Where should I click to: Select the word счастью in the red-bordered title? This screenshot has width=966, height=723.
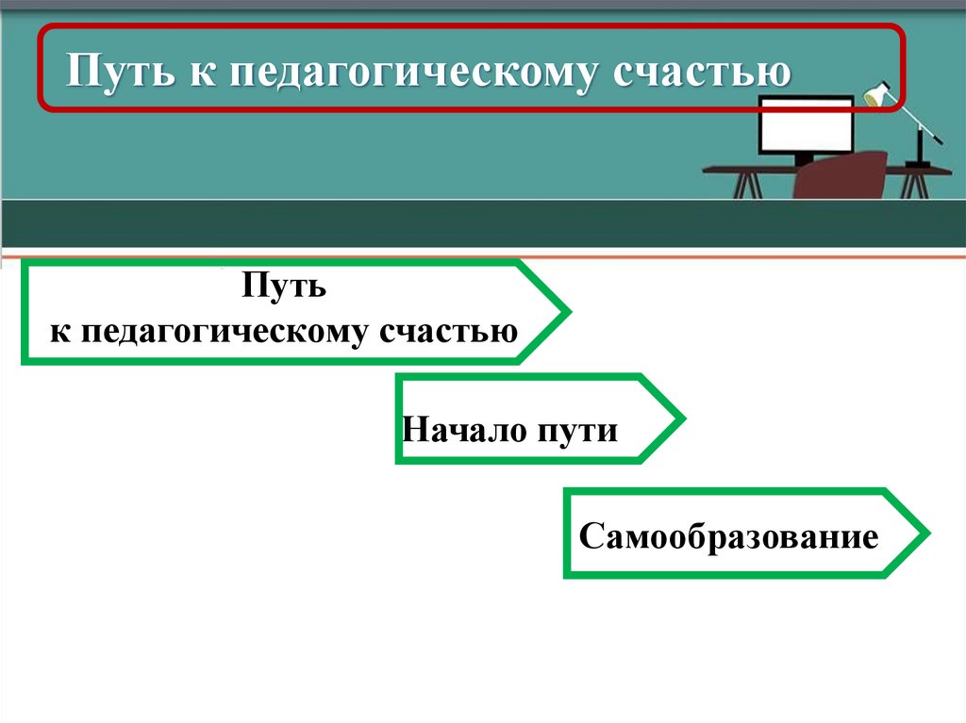(x=703, y=72)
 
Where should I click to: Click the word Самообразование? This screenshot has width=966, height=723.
(x=728, y=537)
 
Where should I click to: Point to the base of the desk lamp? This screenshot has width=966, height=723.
(x=916, y=165)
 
